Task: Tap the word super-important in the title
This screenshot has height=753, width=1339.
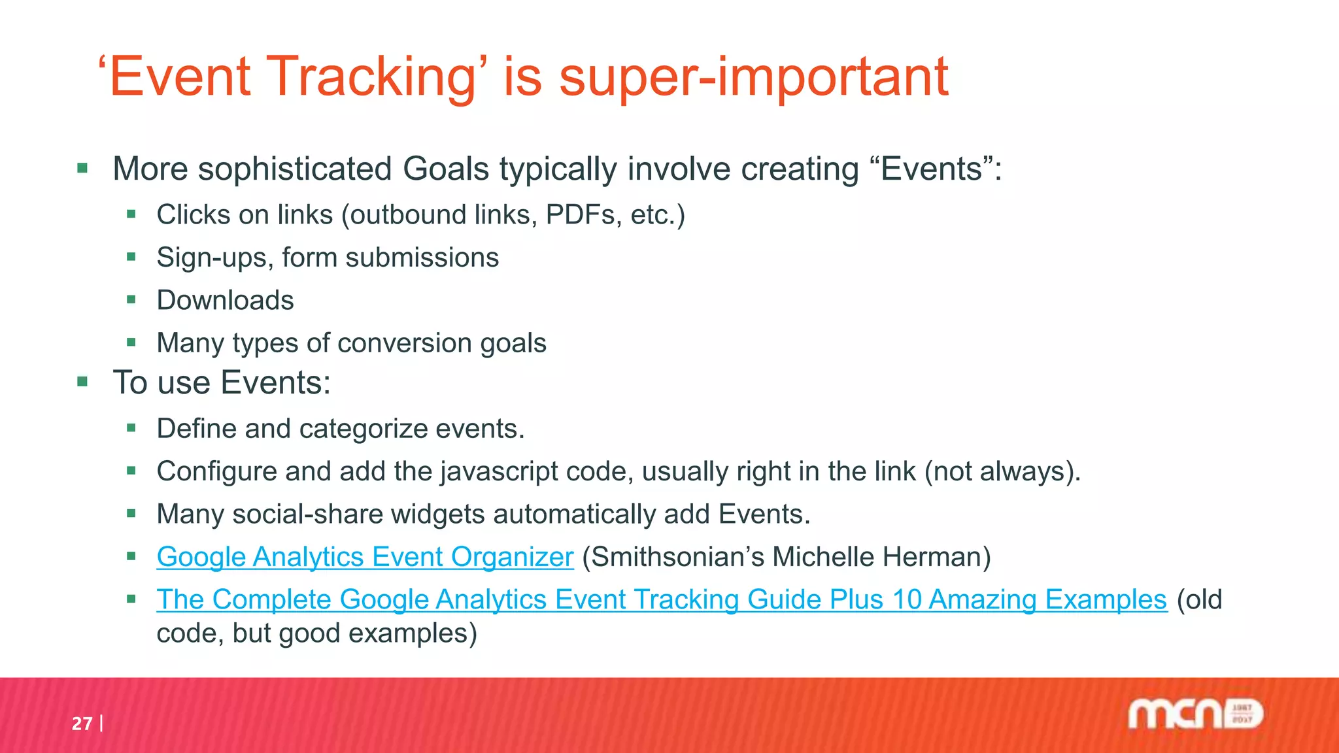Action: point(753,77)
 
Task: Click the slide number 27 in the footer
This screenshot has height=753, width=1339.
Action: point(82,724)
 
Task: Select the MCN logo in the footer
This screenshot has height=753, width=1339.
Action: point(1195,714)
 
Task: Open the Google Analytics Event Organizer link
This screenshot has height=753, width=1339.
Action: point(365,557)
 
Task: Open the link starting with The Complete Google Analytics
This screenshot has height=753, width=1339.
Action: point(661,599)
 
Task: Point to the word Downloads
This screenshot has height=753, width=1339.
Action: point(225,301)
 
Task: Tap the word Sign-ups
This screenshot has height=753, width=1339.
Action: point(214,258)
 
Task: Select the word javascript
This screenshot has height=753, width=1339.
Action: point(498,471)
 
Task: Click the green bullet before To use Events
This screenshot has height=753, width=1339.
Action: point(82,382)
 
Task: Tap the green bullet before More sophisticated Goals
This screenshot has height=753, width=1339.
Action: point(82,169)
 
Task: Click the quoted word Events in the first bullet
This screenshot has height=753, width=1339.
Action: point(932,169)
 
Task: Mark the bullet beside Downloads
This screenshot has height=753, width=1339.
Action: point(131,300)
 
